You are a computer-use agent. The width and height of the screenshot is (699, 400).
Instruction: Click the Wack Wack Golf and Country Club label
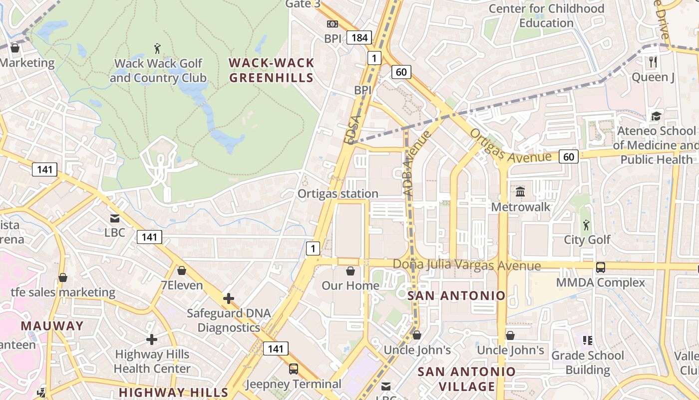coord(158,70)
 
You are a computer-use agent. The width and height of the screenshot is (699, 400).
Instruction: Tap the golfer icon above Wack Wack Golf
coord(158,48)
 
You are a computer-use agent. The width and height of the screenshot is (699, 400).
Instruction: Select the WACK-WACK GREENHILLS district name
coord(272,70)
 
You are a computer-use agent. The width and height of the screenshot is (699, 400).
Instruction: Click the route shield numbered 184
coord(359,37)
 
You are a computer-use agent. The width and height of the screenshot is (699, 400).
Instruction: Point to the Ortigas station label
coord(338,193)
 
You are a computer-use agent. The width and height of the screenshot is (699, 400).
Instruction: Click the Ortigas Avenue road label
coord(510,146)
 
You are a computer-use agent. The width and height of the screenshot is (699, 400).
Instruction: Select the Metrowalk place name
coord(521,206)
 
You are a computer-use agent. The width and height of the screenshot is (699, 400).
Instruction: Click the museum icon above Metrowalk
coord(520,191)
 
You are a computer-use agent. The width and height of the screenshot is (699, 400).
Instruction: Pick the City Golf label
coord(587,239)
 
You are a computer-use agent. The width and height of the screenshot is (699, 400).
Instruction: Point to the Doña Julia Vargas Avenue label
coord(466,265)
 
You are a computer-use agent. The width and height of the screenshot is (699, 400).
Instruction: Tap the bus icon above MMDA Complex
coord(601,267)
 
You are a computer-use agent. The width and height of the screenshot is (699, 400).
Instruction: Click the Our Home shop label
coord(350,285)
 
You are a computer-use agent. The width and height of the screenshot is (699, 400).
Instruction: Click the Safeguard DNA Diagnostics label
coord(229,320)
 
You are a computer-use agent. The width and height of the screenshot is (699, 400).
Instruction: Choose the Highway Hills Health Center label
coord(152,361)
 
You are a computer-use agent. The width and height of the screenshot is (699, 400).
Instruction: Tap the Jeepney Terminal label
coord(294,384)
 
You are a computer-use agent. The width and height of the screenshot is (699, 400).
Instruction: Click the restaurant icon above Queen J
coord(653,62)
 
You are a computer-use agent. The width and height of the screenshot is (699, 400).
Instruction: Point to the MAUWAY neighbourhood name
coord(52,326)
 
